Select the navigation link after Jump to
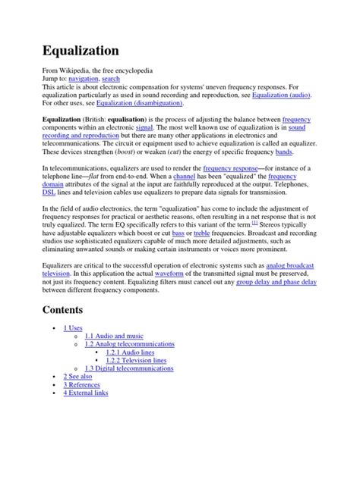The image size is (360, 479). [89, 78]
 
